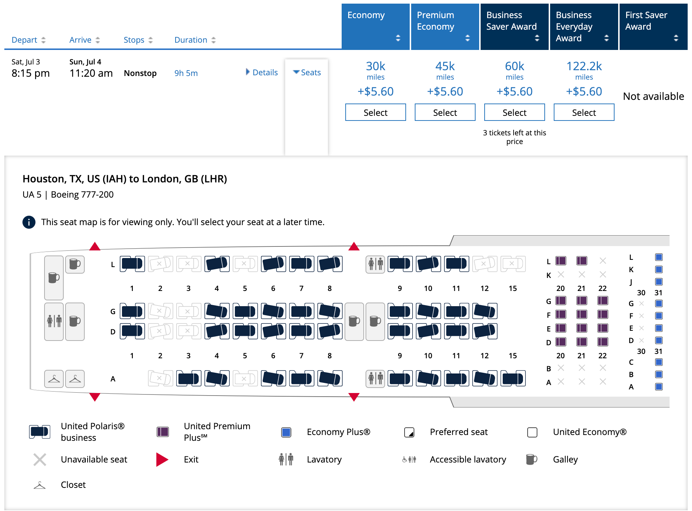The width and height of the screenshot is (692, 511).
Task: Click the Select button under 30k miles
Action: coord(375,112)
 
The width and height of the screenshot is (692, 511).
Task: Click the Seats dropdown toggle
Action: coord(307,72)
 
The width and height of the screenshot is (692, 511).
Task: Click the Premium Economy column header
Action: coord(445,26)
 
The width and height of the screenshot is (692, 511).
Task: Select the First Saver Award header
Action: coord(653,26)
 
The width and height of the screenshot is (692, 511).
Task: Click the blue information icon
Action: coord(29,222)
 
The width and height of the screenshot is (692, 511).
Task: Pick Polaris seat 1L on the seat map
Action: coord(132,264)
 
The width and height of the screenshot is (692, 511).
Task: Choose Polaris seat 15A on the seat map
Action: coord(513,379)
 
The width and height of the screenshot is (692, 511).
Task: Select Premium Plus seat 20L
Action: coord(561,261)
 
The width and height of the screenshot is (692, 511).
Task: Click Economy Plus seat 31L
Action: coord(659,257)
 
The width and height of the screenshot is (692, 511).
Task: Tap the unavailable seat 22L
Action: coord(603,261)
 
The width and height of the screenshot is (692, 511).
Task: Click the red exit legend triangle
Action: coord(162,459)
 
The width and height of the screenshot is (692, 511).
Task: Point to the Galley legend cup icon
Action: coord(531,459)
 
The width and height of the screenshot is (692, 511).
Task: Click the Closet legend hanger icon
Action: coord(39,485)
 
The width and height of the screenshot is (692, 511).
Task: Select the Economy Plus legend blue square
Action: coord(286,432)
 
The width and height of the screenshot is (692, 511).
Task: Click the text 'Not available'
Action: coord(653,96)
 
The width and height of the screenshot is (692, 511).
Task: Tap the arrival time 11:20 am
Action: coord(91,73)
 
